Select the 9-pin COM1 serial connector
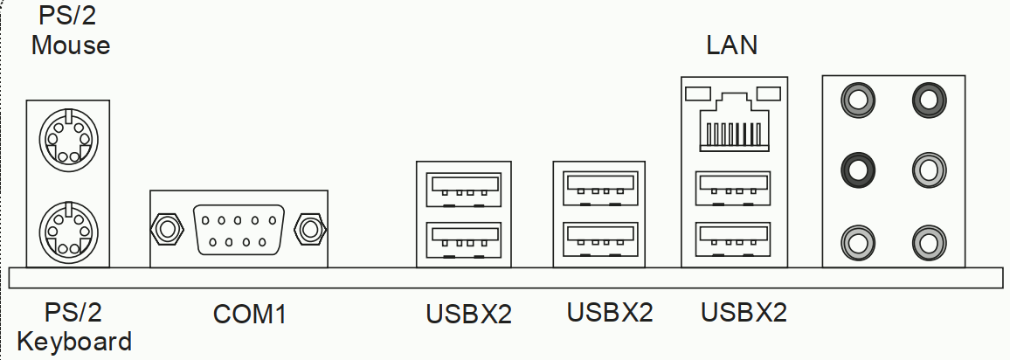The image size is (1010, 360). coord(239,228)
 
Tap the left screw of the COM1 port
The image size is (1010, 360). coord(166,229)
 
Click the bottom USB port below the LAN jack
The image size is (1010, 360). coord(734,237)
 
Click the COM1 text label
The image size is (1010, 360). coord(250,314)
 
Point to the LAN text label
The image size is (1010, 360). coord(732,45)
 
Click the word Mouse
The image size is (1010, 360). coord(71,45)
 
